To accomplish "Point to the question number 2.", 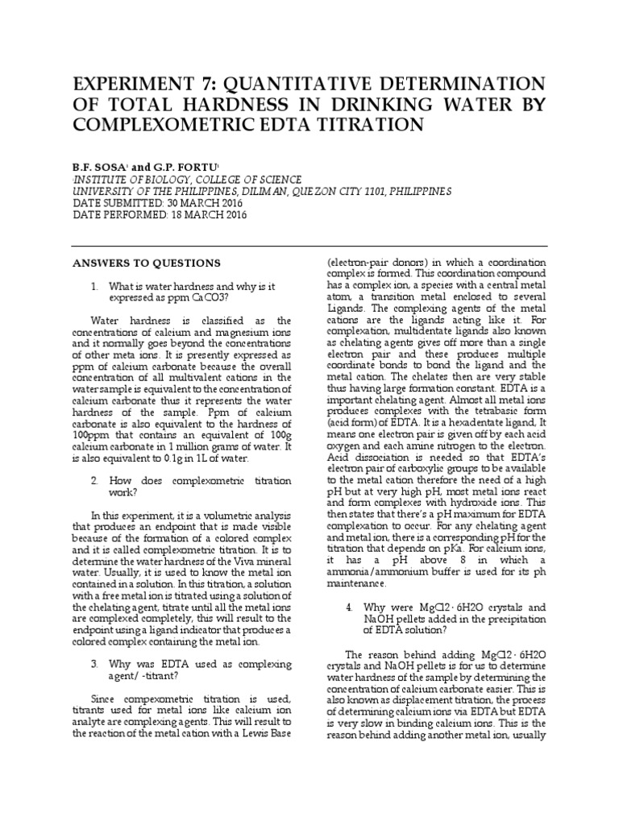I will [x=93, y=480].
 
